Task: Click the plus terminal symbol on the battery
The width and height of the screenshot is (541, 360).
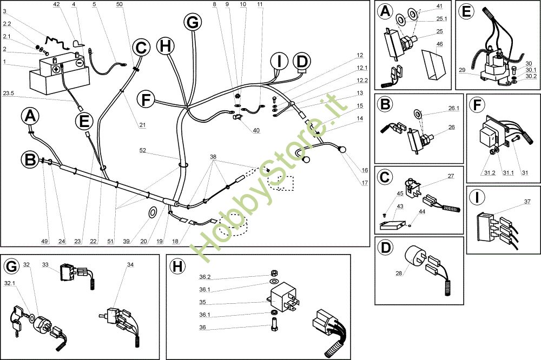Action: (56, 69)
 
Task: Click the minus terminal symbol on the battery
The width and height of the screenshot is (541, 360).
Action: (80, 63)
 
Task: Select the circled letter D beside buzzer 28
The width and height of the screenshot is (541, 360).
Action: (385, 248)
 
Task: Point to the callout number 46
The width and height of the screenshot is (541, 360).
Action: (439, 44)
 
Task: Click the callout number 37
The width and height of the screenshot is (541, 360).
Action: (527, 202)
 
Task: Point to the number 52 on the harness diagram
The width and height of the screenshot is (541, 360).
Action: (142, 150)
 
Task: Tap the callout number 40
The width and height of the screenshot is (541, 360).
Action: (256, 130)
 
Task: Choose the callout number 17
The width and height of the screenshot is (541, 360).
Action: (365, 183)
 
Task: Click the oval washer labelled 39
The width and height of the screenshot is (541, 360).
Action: (152, 213)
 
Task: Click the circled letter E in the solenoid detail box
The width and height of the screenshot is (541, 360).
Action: (466, 11)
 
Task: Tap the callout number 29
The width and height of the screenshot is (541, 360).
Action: (463, 70)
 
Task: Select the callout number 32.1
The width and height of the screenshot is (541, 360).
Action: (10, 283)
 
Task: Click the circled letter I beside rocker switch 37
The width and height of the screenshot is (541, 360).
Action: (477, 197)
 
